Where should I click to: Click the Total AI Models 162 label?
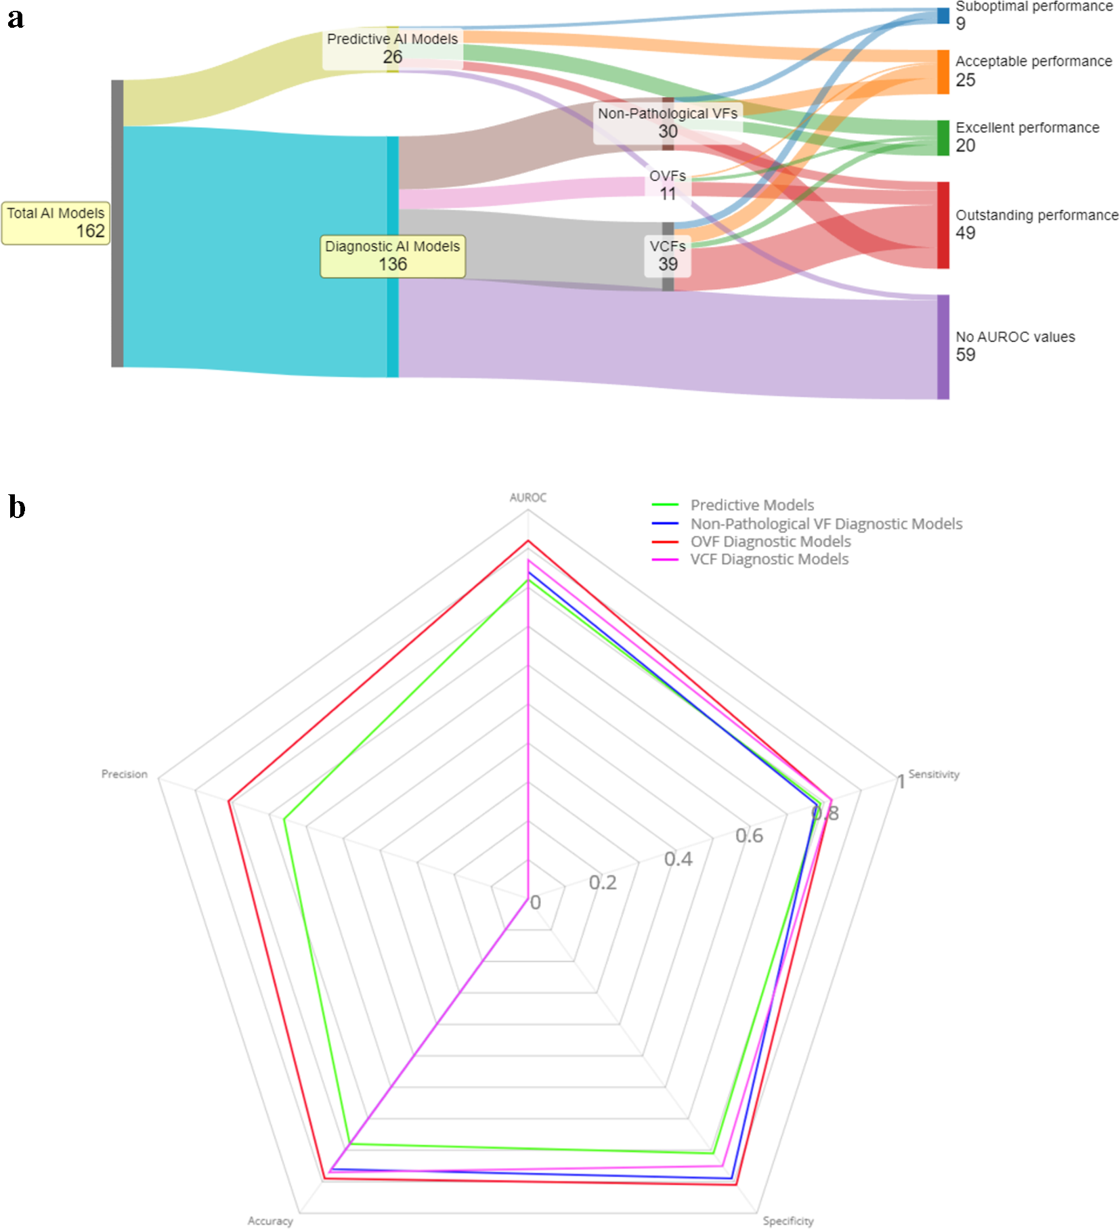[x=56, y=222]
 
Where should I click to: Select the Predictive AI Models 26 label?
[x=392, y=48]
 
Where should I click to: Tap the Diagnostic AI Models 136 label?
[x=392, y=255]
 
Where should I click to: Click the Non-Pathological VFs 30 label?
[x=668, y=123]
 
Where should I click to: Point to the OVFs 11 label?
[x=668, y=185]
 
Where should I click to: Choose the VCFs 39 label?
[x=668, y=255]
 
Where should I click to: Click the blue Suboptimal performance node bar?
[x=943, y=16]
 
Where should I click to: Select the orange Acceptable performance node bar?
[x=943, y=72]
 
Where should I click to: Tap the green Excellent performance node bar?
[x=943, y=137]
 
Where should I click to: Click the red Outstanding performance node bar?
[x=943, y=225]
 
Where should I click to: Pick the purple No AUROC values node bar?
[x=943, y=347]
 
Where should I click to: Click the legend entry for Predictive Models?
[x=752, y=505]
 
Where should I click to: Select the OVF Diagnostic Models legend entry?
[x=770, y=542]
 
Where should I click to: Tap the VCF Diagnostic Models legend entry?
[x=769, y=559]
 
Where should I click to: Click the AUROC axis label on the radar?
[x=527, y=498]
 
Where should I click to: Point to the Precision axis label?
[x=124, y=774]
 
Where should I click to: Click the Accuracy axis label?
[x=270, y=1221]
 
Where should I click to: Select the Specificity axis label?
[x=788, y=1221]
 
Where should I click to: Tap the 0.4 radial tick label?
[x=678, y=859]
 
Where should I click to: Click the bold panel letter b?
[x=17, y=507]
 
